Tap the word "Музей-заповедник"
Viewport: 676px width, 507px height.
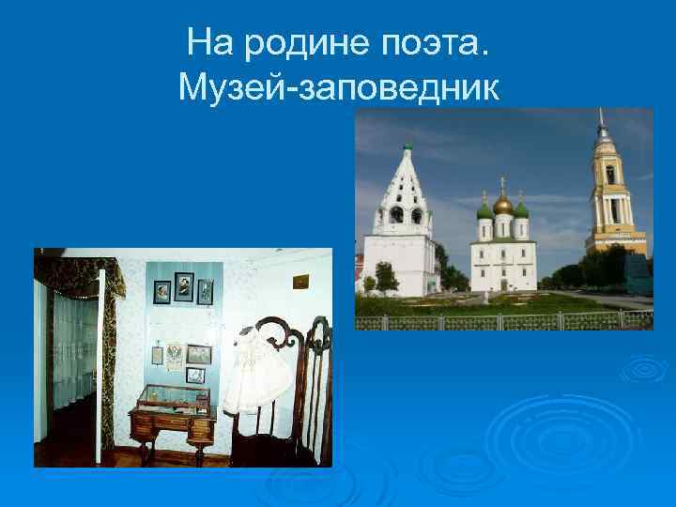click(x=338, y=88)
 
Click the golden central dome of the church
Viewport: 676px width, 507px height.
click(x=503, y=204)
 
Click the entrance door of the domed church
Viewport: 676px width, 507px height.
click(x=503, y=282)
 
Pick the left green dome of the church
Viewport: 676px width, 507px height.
click(x=485, y=210)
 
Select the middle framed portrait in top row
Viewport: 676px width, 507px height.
click(x=184, y=285)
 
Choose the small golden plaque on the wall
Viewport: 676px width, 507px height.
click(x=300, y=281)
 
